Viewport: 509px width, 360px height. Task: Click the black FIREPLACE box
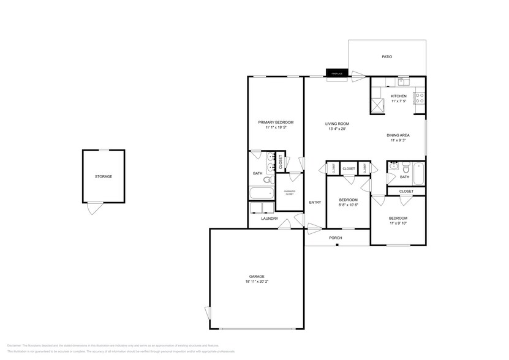pyautogui.click(x=336, y=73)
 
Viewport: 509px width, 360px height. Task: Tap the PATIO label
pyautogui.click(x=386, y=57)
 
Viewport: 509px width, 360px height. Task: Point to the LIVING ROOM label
pyautogui.click(x=337, y=124)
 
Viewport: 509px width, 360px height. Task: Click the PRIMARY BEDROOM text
pyautogui.click(x=276, y=122)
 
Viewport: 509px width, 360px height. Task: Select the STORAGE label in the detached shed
pyautogui.click(x=104, y=177)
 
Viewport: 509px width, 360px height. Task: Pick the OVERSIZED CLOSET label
pyautogui.click(x=290, y=192)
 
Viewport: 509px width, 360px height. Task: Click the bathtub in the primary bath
pyautogui.click(x=262, y=194)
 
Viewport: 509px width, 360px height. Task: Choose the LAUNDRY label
pyautogui.click(x=270, y=219)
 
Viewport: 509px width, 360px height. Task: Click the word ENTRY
pyautogui.click(x=315, y=203)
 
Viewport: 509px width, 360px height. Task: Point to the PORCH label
pyautogui.click(x=336, y=238)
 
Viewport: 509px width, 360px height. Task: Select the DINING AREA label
pyautogui.click(x=398, y=135)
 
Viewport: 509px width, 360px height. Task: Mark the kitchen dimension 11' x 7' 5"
pyautogui.click(x=399, y=101)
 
